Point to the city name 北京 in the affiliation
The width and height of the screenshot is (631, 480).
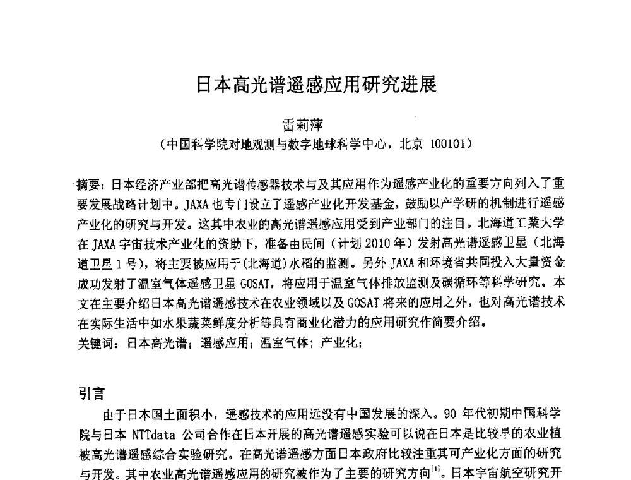coord(412,143)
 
